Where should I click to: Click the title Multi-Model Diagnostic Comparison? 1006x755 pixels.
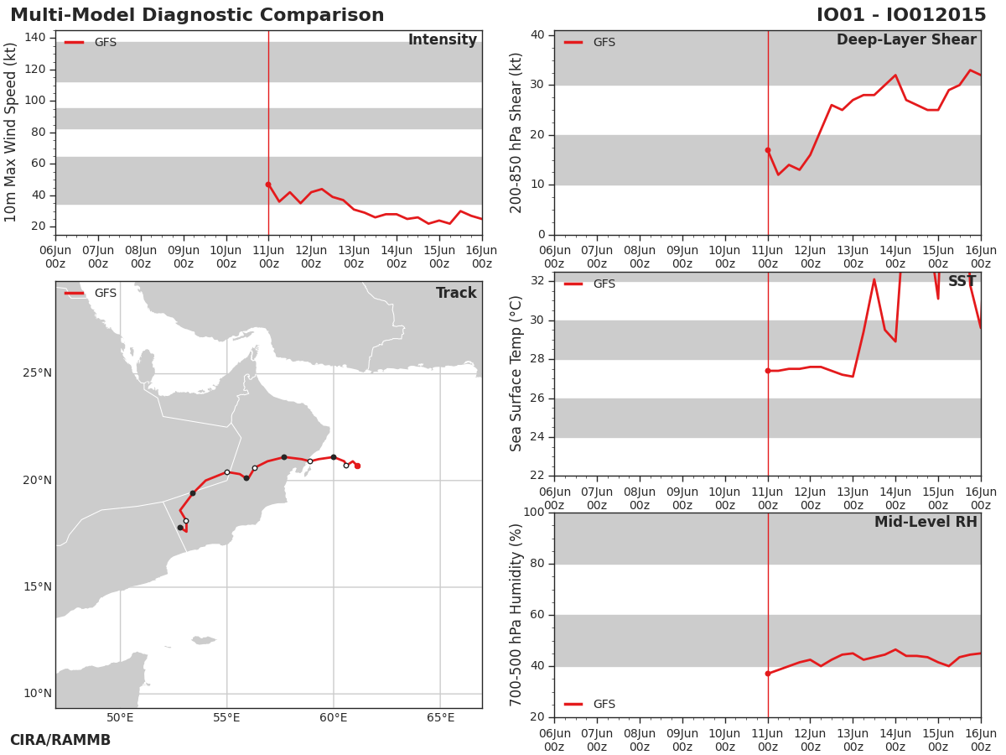197,15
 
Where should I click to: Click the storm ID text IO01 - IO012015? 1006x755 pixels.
901,15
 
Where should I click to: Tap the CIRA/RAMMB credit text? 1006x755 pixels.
60,740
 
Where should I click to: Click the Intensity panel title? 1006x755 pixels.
443,40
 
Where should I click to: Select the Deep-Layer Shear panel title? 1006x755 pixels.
906,40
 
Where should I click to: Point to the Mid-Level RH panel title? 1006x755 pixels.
926,522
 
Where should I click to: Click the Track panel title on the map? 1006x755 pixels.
456,293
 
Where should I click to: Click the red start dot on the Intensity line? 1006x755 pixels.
268,185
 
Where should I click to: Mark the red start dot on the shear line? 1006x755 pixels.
768,150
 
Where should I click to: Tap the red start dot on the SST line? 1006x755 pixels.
768,371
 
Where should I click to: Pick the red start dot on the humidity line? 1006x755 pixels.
768,674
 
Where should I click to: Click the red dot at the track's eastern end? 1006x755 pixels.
357,466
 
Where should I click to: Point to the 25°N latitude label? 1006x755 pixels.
37,373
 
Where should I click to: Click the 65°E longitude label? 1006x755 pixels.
440,718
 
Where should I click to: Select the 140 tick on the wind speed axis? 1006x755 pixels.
35,38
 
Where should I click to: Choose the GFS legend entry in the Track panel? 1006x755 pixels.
91,294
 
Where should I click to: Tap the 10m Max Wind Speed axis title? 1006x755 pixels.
10,133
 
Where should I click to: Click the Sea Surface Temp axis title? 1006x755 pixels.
516,373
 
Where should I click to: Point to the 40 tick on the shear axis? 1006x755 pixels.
537,35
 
